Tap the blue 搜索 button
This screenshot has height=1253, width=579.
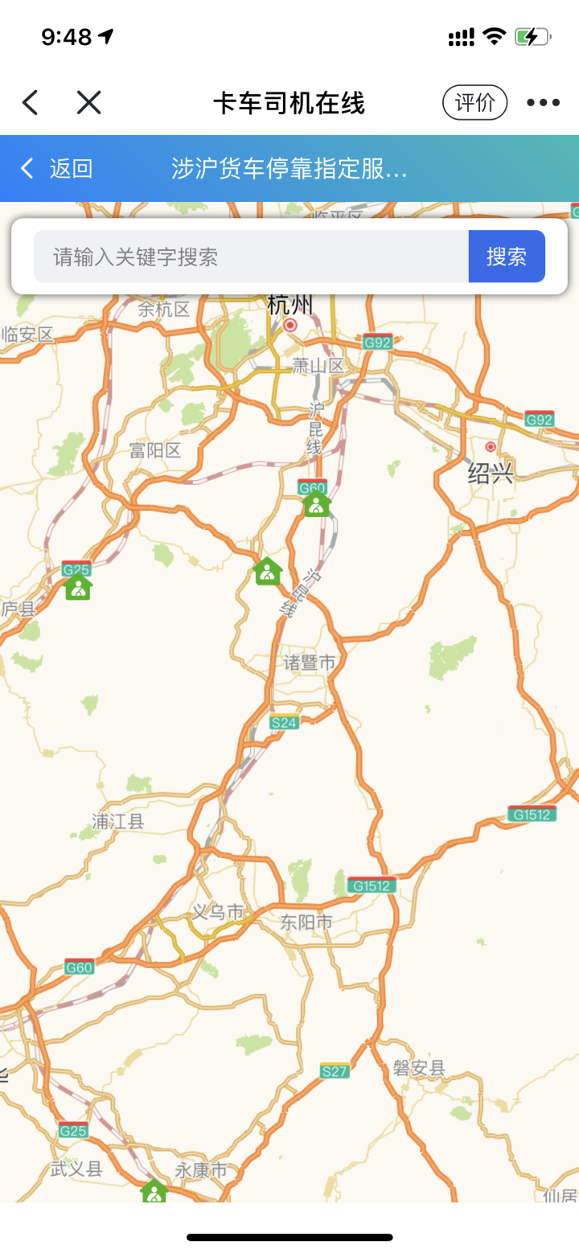point(507,257)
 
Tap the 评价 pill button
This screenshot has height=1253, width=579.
point(474,102)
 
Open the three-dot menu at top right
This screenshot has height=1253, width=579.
point(543,102)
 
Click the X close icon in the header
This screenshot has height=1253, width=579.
point(88,102)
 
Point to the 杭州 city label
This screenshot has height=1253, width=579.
point(290,306)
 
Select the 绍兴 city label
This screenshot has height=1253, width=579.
point(491,473)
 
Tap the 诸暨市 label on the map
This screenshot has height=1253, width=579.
point(310,663)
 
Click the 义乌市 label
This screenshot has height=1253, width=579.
point(217,912)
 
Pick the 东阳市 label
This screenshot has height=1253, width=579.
point(306,922)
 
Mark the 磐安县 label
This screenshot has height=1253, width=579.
point(419,1068)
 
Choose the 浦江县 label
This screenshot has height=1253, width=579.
point(117,821)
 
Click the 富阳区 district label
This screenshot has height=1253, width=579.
point(155,450)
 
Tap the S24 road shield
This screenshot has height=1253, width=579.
point(284,722)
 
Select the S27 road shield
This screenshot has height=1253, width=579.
point(335,1071)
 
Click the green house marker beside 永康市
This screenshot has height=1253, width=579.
point(154,1191)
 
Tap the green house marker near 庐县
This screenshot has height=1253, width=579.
point(78,587)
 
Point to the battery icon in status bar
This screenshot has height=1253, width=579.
point(532,36)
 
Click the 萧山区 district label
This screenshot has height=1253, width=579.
point(318,366)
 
